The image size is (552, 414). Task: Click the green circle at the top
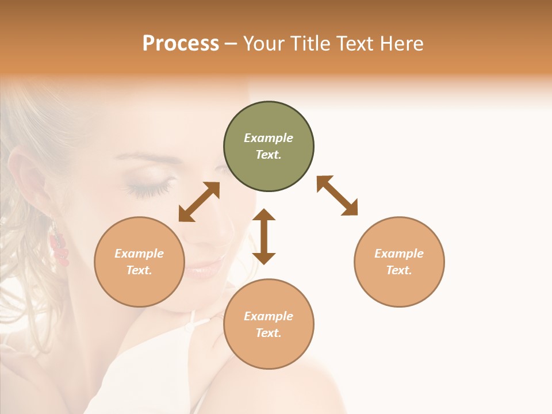269,147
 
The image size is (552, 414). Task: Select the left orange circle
139,262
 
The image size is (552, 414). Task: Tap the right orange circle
399,262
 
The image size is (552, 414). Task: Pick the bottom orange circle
269,324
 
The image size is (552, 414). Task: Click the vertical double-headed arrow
264,236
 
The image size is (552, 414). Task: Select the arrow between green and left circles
199,202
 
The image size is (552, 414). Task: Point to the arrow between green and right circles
337,195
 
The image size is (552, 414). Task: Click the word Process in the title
181,43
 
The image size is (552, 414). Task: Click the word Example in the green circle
269,138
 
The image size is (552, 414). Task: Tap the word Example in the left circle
139,254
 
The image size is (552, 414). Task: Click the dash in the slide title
231,43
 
